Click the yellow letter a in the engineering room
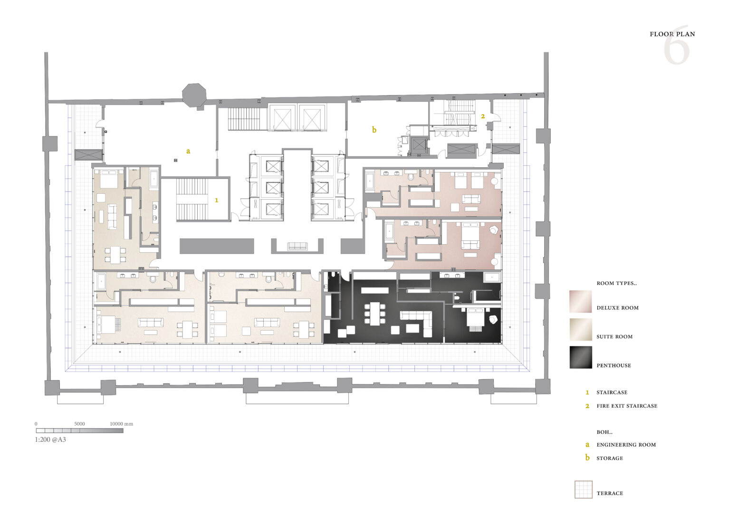188,151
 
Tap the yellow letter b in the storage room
374,130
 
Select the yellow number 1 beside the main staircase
216,201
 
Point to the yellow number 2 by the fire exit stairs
483,116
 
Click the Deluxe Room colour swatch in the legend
580,302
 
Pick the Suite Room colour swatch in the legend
580,330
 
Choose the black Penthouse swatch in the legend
580,357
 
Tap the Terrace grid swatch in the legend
583,489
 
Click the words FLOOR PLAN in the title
672,34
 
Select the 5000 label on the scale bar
79,424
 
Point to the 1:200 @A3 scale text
50,440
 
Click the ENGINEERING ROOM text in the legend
626,445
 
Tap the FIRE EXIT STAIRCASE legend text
627,406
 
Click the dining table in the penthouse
375,314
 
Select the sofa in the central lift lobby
297,246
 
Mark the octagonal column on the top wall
194,95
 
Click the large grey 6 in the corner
677,45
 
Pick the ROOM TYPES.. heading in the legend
616,283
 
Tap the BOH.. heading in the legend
605,432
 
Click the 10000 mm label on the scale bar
121,424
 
